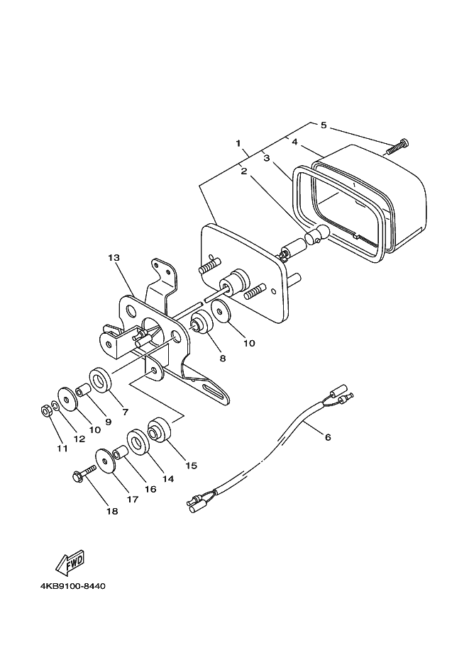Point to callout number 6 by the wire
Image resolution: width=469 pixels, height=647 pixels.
[328, 437]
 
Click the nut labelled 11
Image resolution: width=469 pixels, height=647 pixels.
[45, 409]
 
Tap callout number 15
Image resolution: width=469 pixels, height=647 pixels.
[191, 466]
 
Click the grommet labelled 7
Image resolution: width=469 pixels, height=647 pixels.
[99, 380]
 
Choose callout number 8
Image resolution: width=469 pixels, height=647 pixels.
[222, 359]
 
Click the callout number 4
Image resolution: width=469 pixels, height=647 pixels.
[294, 142]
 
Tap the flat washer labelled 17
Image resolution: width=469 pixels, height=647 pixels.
[105, 461]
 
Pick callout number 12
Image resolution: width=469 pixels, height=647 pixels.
[79, 439]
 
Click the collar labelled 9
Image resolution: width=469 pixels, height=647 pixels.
[82, 390]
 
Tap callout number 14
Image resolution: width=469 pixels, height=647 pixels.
[168, 478]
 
